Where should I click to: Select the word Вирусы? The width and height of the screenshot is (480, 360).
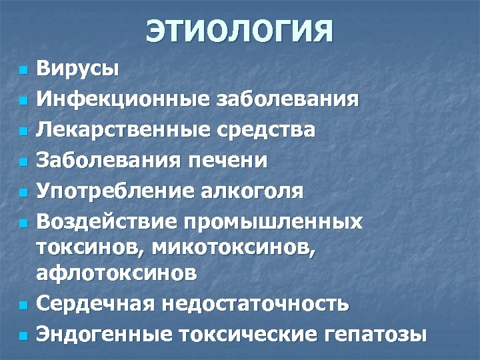(x=77, y=69)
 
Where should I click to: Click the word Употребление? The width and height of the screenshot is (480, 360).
(x=114, y=191)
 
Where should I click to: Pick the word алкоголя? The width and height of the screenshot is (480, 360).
(x=252, y=191)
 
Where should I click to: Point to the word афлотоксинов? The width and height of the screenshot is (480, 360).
(x=126, y=273)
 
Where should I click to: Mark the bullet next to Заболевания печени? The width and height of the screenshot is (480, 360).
(x=23, y=162)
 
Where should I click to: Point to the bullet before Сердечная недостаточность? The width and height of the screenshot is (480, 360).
(x=23, y=305)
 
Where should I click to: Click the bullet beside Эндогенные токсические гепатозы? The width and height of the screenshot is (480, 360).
(x=23, y=336)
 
